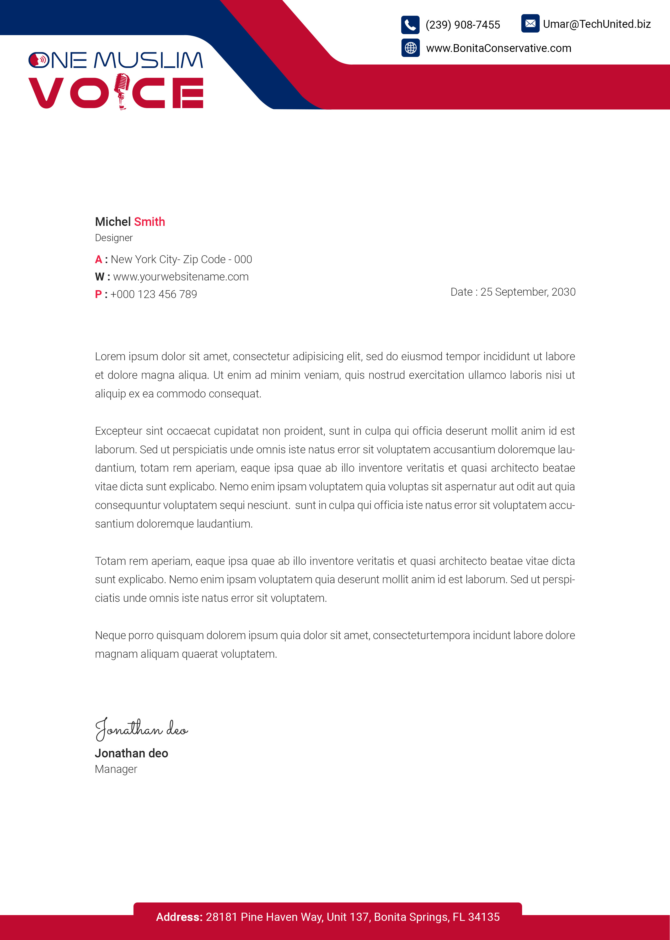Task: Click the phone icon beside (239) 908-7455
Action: click(410, 25)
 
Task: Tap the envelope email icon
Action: click(530, 24)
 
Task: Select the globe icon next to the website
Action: click(410, 48)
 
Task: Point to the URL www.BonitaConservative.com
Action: click(499, 48)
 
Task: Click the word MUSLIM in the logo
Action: click(148, 60)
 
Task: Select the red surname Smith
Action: click(149, 222)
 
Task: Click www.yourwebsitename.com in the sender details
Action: click(181, 277)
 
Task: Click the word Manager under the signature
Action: click(116, 769)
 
